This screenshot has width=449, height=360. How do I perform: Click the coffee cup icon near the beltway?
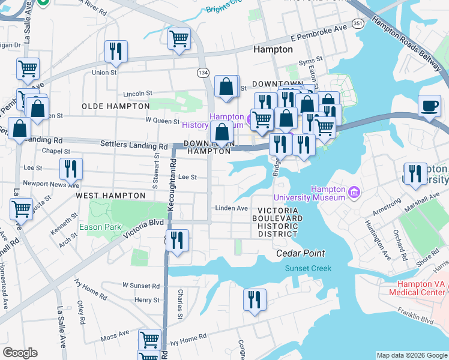(429, 106)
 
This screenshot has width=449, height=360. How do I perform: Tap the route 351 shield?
(358, 23)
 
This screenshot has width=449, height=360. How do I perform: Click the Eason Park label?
(100, 227)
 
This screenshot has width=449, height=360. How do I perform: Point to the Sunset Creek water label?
(308, 268)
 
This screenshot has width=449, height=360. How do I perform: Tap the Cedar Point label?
(296, 253)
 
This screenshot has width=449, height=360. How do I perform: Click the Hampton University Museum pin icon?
(354, 192)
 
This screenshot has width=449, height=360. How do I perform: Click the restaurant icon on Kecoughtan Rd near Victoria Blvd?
(177, 241)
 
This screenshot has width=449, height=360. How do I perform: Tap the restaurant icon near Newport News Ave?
(71, 170)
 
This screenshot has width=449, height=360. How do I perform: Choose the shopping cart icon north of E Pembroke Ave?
(179, 39)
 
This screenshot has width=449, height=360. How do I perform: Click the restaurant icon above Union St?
(116, 52)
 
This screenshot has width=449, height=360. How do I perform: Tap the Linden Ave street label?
(232, 208)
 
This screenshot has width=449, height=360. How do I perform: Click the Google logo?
(20, 353)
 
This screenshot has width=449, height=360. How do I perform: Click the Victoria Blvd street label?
(143, 229)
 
